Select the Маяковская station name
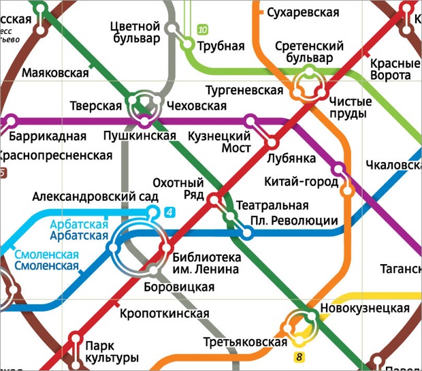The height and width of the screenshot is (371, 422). point(56,73)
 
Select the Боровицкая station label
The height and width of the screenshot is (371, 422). point(180,287)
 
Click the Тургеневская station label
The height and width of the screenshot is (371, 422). point(244,91)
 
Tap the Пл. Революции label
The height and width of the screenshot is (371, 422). point(294,220)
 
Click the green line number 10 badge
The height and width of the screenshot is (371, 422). point(202,30)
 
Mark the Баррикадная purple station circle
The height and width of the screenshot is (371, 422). point(10,123)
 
